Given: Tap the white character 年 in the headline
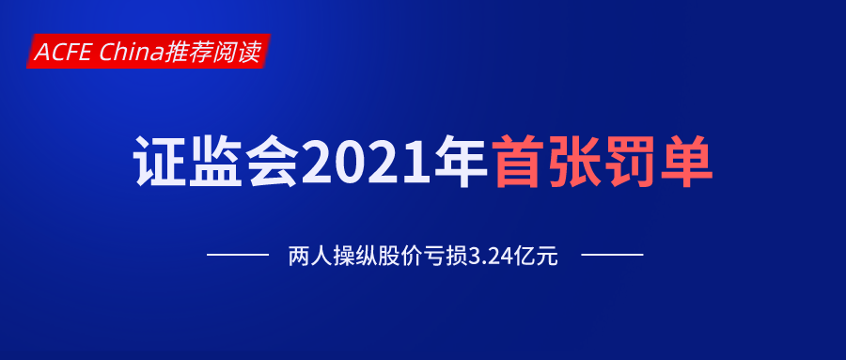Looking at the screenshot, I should point(462,163).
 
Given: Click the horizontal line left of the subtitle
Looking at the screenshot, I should point(237,255).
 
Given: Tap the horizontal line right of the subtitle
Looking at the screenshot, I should point(612,255).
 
